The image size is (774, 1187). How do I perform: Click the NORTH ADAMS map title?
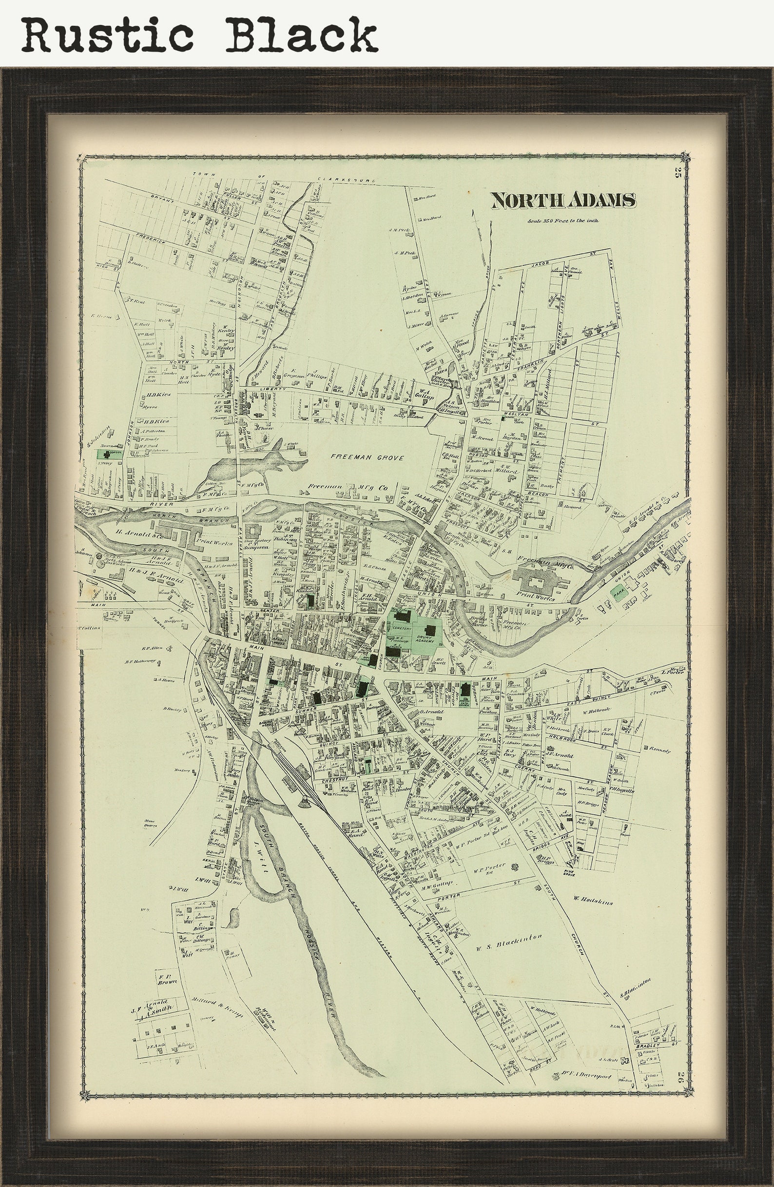pos(563,200)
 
